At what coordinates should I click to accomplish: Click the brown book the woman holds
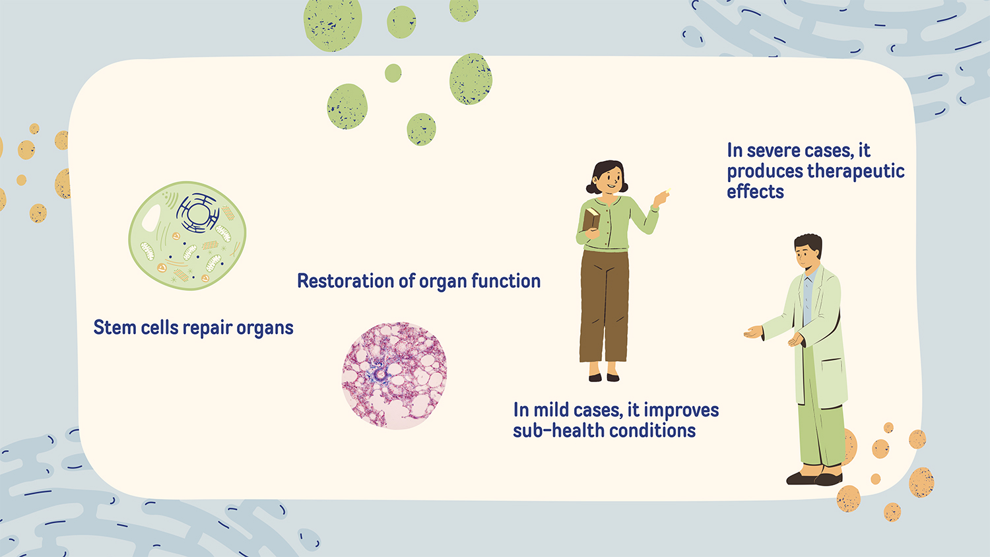[591, 220]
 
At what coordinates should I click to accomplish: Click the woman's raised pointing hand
[661, 197]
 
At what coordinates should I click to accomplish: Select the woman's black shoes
[604, 377]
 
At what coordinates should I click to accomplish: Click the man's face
[805, 257]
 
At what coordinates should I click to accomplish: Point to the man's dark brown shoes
[814, 478]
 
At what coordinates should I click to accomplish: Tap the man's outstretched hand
[754, 332]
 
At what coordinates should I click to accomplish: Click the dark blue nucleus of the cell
[197, 213]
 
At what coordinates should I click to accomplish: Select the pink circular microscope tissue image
[394, 376]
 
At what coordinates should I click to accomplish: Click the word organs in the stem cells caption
[265, 329]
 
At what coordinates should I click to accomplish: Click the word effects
[755, 192]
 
